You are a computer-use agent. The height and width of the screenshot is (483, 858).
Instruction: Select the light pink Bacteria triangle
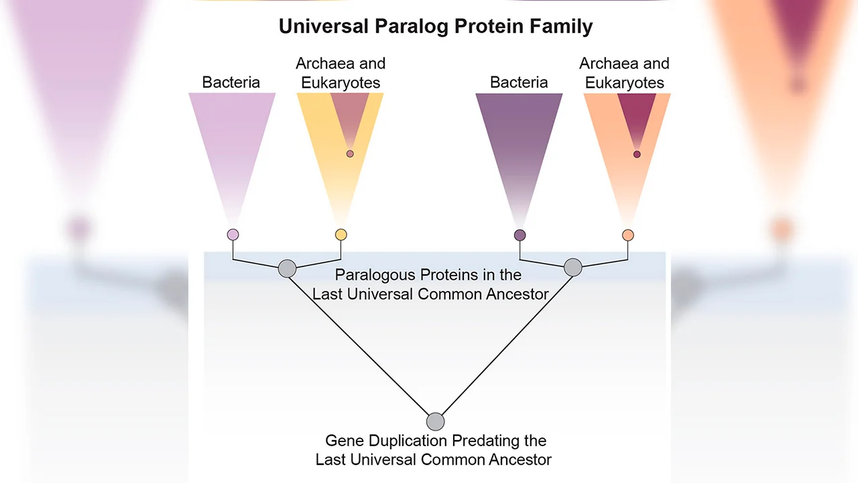pos(232,134)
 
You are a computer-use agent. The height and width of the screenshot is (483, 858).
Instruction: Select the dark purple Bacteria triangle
pos(519,134)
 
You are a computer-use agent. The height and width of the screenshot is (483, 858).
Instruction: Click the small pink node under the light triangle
pos(233,235)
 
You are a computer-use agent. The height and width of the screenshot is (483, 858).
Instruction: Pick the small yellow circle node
pos(341,235)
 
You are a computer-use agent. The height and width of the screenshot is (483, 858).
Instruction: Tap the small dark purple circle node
pos(519,235)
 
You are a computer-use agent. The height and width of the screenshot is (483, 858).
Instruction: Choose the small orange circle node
pos(627,235)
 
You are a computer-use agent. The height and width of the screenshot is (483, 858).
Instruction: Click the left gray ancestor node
pos(287,268)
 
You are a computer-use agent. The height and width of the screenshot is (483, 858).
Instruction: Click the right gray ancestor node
pos(572,267)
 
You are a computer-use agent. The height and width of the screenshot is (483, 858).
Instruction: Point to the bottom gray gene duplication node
pos(435,421)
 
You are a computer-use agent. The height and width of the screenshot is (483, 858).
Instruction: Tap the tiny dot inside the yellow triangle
pos(350,154)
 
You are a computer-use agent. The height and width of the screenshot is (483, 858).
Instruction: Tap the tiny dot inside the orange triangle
pos(637,154)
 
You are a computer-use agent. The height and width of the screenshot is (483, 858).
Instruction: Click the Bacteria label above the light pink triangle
pos(231,83)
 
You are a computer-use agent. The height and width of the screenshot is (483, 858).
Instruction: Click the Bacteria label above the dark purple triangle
pos(519,83)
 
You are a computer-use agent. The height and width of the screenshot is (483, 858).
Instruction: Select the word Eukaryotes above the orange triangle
pos(624,83)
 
